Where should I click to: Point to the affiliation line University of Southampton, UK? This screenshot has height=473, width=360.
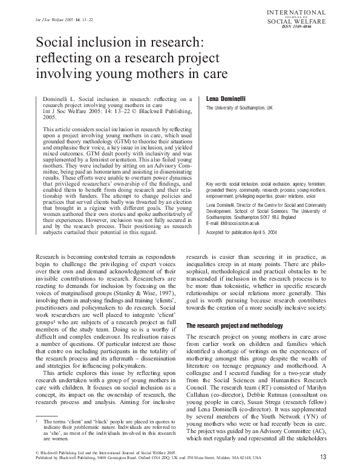(240, 108)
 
